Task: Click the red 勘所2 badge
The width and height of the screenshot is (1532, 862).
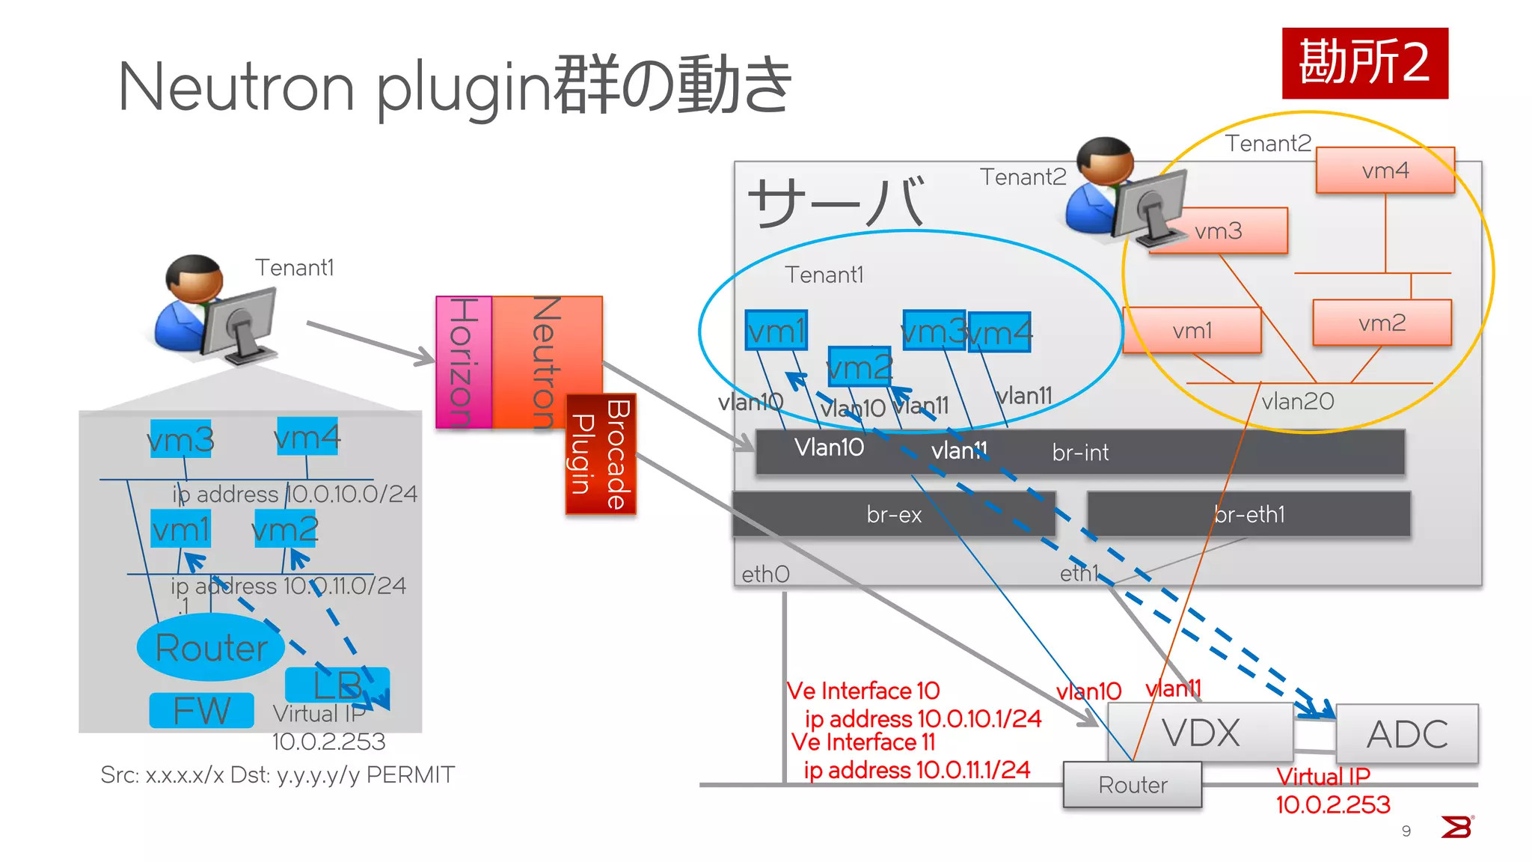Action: pos(1364,63)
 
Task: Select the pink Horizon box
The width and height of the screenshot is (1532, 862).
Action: pos(464,362)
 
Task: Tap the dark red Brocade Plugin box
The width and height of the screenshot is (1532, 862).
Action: pos(601,454)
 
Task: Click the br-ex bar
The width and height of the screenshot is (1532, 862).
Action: pos(893,514)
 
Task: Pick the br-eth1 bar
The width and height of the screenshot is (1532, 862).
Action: pos(1248,514)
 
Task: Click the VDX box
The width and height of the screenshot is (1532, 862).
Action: pos(1200,732)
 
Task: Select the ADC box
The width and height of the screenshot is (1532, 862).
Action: pos(1406,734)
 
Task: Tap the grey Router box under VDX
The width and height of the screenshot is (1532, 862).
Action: pos(1132,785)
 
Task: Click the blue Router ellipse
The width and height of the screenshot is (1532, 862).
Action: pos(211,647)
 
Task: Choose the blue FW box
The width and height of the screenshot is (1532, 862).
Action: pos(201,710)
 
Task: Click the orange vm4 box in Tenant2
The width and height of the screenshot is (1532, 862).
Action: pos(1385,171)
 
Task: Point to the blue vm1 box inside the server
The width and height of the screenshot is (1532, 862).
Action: pos(776,331)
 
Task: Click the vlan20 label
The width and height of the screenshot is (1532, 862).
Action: pos(1297,402)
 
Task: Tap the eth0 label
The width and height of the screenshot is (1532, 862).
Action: pos(765,574)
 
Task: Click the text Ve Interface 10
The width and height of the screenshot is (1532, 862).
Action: pos(863,691)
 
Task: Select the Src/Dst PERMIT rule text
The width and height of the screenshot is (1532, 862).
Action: pos(278,774)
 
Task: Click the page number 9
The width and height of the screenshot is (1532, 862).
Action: pos(1406,831)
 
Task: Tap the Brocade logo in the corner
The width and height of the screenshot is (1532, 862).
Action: pos(1456,827)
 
